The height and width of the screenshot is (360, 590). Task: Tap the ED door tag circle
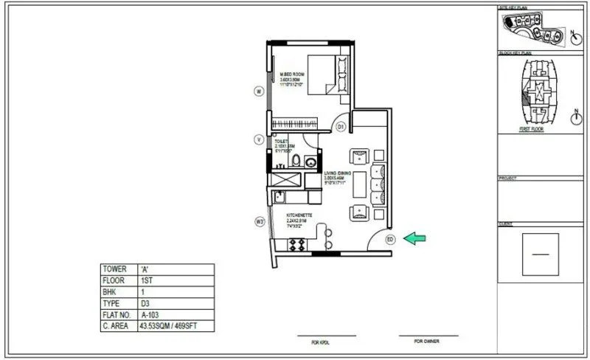click(x=390, y=238)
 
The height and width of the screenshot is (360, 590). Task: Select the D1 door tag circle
click(x=341, y=127)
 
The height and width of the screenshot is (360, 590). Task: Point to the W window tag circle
click(x=259, y=91)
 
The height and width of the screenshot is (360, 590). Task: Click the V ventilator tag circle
click(x=259, y=139)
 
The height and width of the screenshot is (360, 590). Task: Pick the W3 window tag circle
click(x=260, y=221)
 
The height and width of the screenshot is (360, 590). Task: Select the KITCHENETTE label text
click(x=300, y=215)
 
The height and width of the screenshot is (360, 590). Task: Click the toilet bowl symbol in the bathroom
click(x=295, y=160)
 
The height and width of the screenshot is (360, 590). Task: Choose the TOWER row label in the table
click(x=118, y=270)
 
